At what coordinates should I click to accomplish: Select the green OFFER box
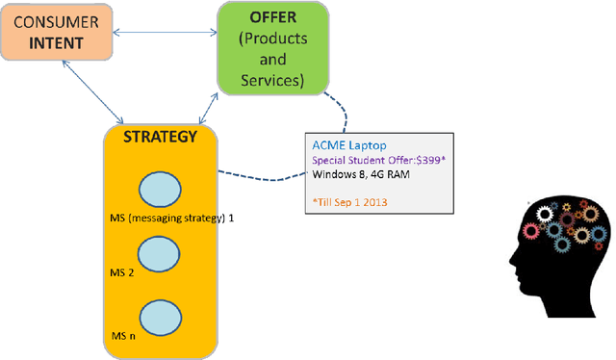[272, 48]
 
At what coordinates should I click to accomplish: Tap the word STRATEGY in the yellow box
[160, 137]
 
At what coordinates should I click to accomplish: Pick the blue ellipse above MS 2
[160, 255]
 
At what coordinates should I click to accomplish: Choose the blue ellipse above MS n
[160, 318]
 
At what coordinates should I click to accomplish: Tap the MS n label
[120, 338]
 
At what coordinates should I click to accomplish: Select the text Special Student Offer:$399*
[378, 161]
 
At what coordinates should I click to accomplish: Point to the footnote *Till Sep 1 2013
[352, 202]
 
